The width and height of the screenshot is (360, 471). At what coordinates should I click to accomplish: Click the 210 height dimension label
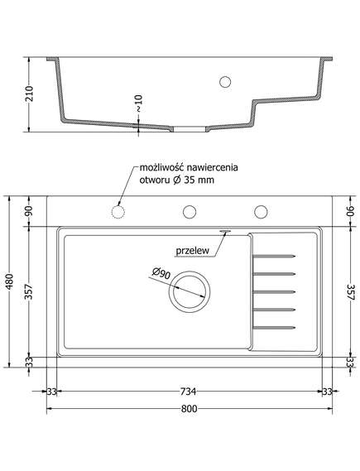[x=29, y=94]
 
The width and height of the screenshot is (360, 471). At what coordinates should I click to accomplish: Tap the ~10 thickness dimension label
[x=138, y=103]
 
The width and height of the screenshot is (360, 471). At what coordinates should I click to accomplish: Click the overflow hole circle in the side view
[x=225, y=81]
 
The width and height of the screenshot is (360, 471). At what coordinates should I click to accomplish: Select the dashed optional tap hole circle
[x=118, y=212]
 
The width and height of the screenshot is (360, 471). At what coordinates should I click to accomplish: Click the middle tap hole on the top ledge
[x=190, y=212]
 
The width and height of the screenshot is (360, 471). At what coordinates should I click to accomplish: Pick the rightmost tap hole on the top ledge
[x=261, y=212]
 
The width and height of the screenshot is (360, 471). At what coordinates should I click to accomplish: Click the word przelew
[x=193, y=251]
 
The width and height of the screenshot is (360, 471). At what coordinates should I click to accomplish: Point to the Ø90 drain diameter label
[x=161, y=272]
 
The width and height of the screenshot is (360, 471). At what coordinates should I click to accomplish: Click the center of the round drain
[x=190, y=292]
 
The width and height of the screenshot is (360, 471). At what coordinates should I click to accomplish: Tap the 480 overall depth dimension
[x=10, y=281]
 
